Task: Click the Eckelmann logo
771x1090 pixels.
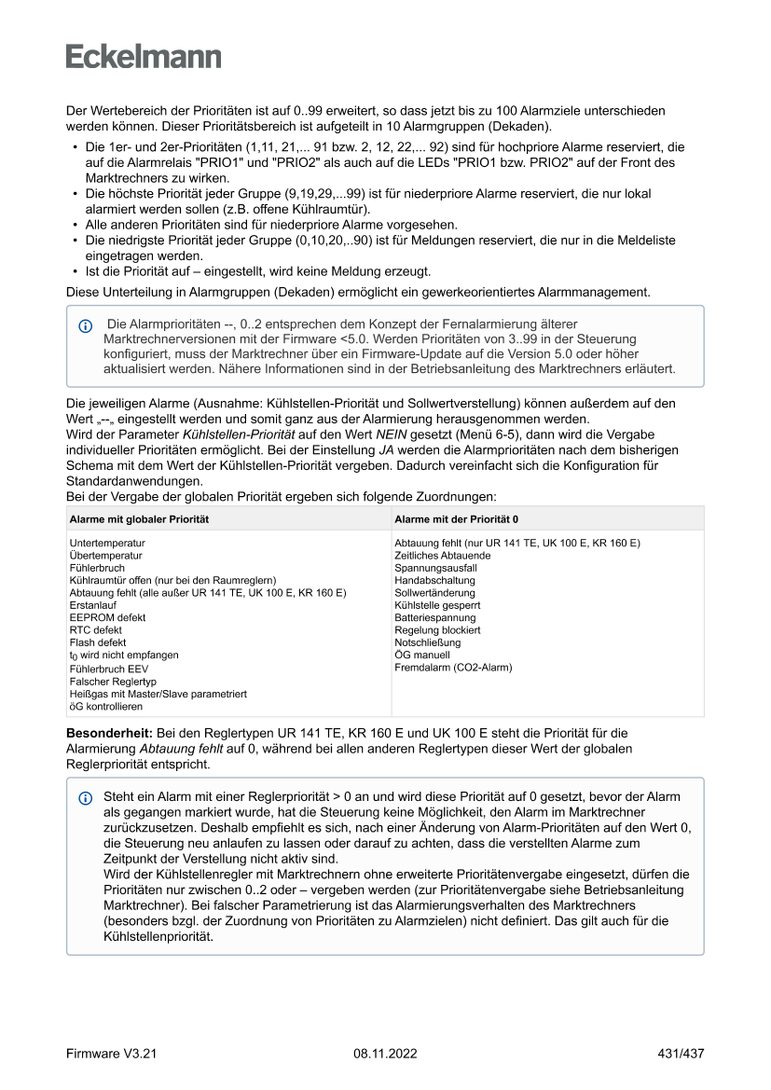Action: (144, 56)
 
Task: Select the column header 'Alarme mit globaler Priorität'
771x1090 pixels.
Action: (139, 518)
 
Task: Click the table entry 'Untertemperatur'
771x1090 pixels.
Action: (107, 543)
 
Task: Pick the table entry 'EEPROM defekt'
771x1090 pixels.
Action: (107, 617)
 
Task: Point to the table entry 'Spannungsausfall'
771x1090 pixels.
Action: (435, 568)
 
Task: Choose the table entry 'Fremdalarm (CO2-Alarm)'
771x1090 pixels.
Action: (453, 668)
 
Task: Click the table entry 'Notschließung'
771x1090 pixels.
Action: (426, 642)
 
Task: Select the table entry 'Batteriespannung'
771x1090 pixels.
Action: (434, 617)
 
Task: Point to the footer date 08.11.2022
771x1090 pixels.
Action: (385, 1054)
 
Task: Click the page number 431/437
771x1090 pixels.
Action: (681, 1054)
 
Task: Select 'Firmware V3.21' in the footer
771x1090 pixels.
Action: (111, 1054)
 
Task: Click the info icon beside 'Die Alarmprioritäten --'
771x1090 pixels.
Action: (86, 326)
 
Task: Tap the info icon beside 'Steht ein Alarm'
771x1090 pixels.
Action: (86, 798)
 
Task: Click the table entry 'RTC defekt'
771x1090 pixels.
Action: (96, 630)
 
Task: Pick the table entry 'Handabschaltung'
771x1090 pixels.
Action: (434, 580)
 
